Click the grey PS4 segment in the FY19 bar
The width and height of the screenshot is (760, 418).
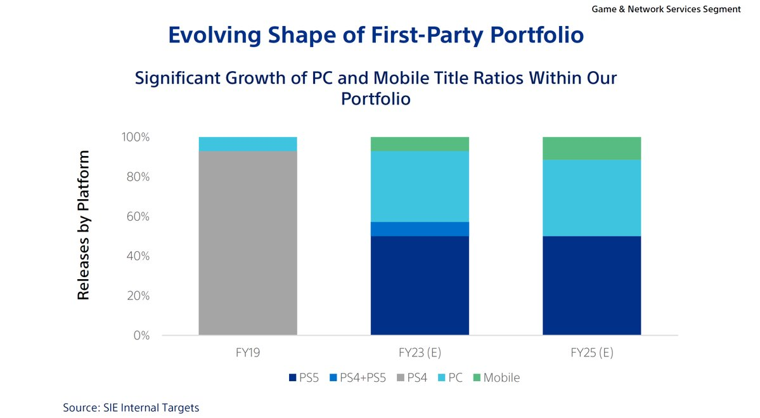(x=248, y=243)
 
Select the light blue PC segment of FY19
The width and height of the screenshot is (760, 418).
(x=248, y=144)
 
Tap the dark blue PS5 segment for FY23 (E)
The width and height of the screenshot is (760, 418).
(x=420, y=285)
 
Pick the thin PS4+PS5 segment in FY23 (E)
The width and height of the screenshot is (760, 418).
(x=420, y=229)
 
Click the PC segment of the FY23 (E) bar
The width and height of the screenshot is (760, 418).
(x=420, y=186)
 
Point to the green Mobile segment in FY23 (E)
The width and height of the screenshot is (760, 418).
(x=420, y=144)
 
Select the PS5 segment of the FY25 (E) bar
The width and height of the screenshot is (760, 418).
(x=591, y=285)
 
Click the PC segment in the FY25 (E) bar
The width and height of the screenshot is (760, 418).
(x=591, y=197)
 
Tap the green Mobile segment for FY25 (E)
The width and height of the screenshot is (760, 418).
(x=591, y=148)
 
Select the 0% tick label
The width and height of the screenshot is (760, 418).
(x=141, y=336)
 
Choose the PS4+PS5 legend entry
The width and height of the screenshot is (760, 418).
(x=357, y=378)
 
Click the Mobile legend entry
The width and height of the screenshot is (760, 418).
(x=501, y=378)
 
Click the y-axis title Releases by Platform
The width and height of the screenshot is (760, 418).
(x=83, y=225)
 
